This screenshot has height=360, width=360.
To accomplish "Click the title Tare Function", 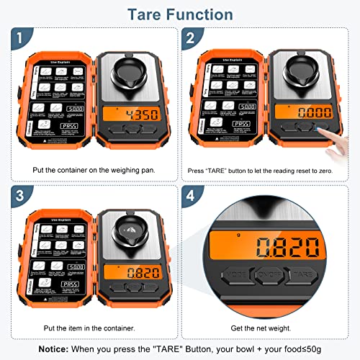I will tap(180, 14).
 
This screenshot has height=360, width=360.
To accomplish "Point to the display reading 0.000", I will tap(300, 114).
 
